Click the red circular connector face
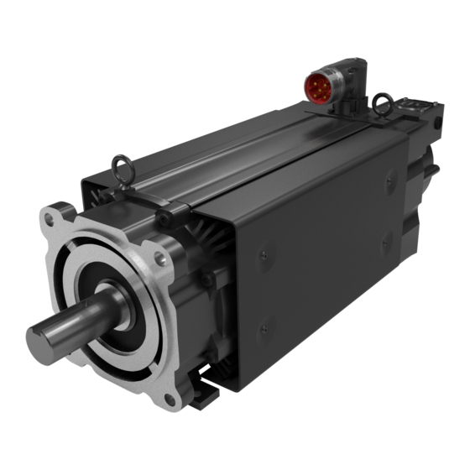320,86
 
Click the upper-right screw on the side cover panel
389,179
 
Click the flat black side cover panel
327,252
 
